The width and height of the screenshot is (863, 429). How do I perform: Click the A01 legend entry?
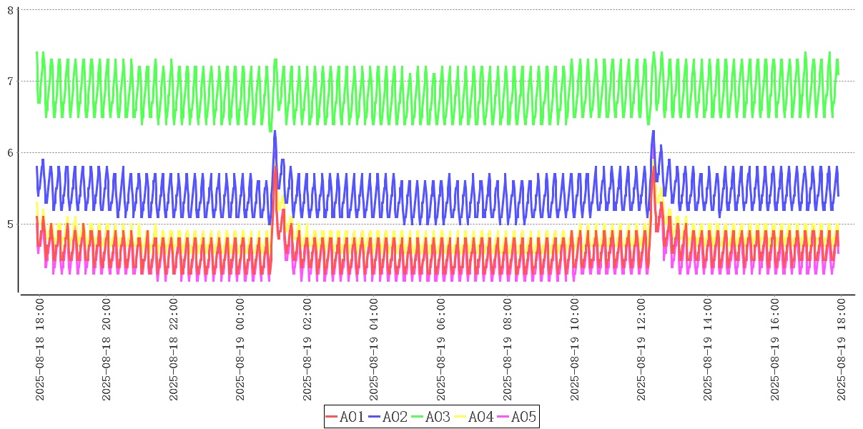point(345,417)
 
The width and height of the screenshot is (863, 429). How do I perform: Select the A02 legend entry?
point(388,417)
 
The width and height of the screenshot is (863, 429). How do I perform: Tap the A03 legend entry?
point(430,417)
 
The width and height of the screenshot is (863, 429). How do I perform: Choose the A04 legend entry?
point(473,417)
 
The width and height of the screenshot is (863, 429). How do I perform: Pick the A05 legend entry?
point(516,417)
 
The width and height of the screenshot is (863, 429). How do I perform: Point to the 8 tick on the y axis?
point(10,9)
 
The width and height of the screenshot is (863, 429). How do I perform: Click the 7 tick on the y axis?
point(10,81)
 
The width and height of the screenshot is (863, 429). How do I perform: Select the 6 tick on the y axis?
point(10,152)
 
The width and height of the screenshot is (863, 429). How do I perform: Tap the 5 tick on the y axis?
point(10,224)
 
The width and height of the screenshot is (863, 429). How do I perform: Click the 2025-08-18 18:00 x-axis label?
point(40,350)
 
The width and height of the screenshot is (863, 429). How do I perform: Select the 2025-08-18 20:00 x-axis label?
point(107,350)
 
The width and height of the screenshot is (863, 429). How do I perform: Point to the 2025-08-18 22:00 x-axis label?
point(174,350)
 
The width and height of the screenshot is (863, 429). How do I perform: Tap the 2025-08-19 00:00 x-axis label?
point(241,350)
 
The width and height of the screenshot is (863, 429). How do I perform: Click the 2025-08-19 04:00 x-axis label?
point(375,350)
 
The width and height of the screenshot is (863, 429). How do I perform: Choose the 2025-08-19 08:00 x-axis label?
point(508,350)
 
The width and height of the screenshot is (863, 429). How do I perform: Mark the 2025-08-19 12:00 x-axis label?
point(642,350)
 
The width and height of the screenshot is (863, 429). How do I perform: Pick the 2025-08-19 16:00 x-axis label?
point(776,350)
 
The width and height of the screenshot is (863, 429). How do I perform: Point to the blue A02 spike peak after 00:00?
point(275,131)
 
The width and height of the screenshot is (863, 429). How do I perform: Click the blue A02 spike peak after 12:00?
point(653,131)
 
